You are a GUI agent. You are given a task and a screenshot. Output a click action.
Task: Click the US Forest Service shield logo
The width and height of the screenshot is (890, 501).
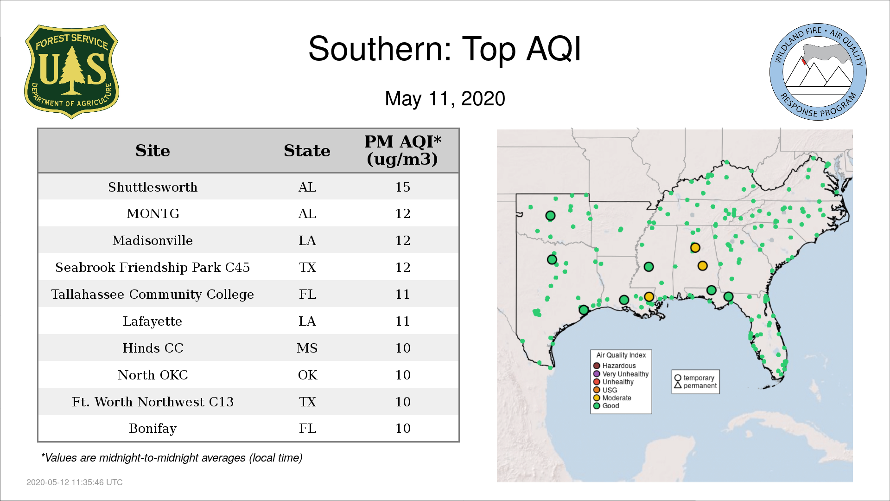click(x=71, y=71)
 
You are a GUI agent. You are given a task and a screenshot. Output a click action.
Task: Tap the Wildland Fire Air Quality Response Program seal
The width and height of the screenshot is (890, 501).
click(x=818, y=72)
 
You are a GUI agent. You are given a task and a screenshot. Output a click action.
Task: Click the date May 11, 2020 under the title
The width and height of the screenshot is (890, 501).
click(x=445, y=99)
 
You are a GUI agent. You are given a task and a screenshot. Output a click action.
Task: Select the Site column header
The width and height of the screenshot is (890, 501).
click(x=153, y=151)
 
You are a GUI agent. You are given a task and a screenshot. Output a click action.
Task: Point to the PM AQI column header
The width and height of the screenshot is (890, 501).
click(x=402, y=150)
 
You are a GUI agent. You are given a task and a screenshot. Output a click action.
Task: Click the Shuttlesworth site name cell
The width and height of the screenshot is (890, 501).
click(x=153, y=187)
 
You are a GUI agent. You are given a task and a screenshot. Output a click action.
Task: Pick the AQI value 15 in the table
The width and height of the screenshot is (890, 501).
click(x=402, y=187)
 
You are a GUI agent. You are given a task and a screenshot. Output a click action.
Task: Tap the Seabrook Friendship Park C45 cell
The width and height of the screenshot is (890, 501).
click(x=153, y=267)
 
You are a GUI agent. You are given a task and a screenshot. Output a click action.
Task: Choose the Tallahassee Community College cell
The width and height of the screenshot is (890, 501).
click(x=153, y=295)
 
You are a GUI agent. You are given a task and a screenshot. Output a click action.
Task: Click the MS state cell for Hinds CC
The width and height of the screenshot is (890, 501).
click(x=307, y=348)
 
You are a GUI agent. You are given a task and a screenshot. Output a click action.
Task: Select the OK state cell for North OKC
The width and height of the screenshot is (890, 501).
click(x=307, y=375)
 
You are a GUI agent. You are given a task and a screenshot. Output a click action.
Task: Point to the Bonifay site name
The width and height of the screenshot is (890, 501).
click(x=153, y=429)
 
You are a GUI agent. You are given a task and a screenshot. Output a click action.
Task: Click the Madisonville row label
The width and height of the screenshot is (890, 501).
click(x=153, y=240)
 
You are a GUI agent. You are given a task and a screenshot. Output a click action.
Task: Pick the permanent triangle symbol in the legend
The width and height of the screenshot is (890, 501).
click(x=678, y=385)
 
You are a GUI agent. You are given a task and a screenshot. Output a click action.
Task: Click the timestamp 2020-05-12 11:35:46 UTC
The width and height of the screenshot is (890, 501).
click(x=75, y=482)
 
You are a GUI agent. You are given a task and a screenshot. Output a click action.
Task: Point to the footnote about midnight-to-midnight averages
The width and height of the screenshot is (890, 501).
click(x=172, y=458)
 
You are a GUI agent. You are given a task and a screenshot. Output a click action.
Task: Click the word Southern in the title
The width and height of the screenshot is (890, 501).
click(x=380, y=49)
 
